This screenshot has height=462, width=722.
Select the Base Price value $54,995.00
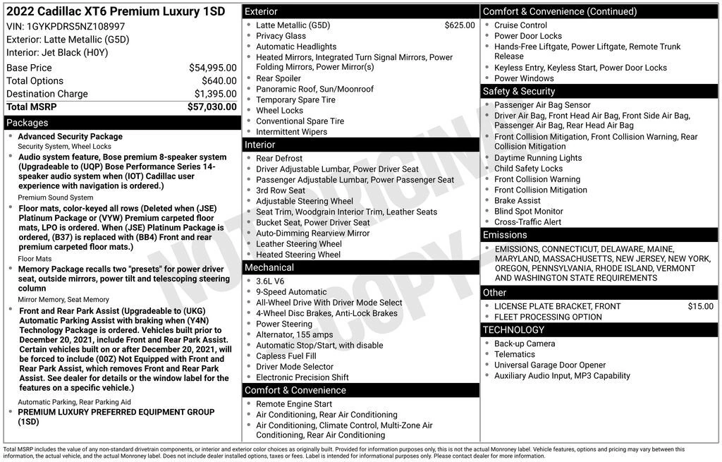[212, 68]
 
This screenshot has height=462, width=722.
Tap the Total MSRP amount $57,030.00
[212, 107]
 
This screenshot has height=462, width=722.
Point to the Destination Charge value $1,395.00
[215, 94]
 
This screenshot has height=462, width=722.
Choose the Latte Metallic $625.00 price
[460, 25]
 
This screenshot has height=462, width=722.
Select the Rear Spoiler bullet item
[278, 78]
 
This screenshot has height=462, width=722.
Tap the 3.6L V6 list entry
[270, 281]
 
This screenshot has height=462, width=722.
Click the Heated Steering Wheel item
[298, 255]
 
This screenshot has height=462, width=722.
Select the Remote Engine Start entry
[293, 404]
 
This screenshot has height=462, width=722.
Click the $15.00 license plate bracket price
[700, 306]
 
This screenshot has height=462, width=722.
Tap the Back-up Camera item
[524, 344]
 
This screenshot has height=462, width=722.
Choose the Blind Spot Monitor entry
[528, 211]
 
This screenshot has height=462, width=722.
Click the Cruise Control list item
[520, 25]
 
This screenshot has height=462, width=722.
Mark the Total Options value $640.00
[219, 81]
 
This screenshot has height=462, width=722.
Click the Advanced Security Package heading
[70, 137]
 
